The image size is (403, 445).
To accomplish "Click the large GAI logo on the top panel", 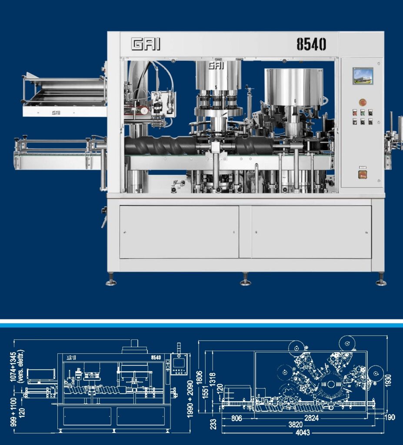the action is click(x=146, y=45).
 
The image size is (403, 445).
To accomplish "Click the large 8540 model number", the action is click(x=311, y=44).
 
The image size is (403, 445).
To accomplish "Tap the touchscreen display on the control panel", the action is click(x=363, y=76).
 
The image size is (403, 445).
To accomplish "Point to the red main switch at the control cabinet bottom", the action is click(x=363, y=174).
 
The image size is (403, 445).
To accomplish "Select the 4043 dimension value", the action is click(x=303, y=433).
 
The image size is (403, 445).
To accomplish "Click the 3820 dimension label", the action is click(x=296, y=425).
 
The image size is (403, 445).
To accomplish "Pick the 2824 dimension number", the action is click(x=312, y=418).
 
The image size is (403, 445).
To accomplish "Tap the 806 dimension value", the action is click(x=236, y=418).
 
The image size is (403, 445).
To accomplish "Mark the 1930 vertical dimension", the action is click(x=388, y=380).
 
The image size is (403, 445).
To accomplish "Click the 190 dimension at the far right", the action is click(x=390, y=417).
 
